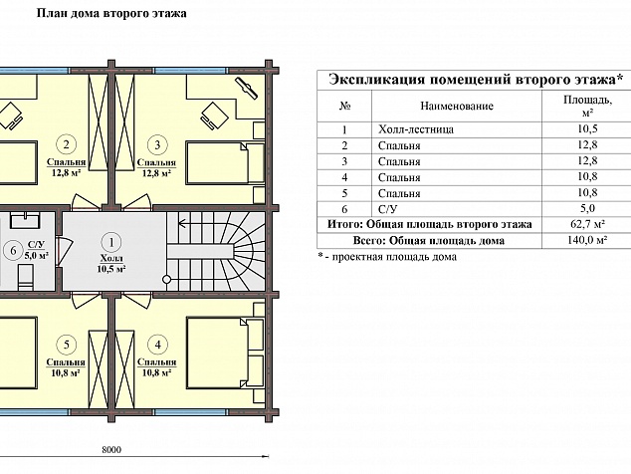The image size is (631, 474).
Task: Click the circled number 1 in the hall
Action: [x=111, y=242]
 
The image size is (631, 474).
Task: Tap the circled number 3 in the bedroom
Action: [x=157, y=144]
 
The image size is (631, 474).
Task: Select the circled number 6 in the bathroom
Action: [x=13, y=251]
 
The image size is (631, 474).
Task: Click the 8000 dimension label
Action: [x=111, y=450]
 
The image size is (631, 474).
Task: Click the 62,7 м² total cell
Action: [x=587, y=224]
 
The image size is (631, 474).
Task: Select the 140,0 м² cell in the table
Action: [x=587, y=240]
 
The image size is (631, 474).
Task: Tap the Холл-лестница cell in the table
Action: [x=416, y=129]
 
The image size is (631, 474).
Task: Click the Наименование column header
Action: [x=457, y=106]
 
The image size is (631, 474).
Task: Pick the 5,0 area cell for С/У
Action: [x=587, y=208]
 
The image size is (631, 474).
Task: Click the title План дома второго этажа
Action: [x=111, y=13]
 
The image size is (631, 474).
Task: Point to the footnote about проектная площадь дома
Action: [x=387, y=257]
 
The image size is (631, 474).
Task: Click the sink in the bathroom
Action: [x=25, y=220]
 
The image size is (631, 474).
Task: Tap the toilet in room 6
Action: [x=25, y=278]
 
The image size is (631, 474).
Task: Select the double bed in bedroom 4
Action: [x=225, y=353]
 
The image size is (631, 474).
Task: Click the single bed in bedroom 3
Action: [x=225, y=162]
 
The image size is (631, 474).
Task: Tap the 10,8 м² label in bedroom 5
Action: [x=66, y=372]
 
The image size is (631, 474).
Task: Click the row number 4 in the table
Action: [x=344, y=177]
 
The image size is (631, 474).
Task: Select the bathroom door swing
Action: [x=64, y=251]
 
